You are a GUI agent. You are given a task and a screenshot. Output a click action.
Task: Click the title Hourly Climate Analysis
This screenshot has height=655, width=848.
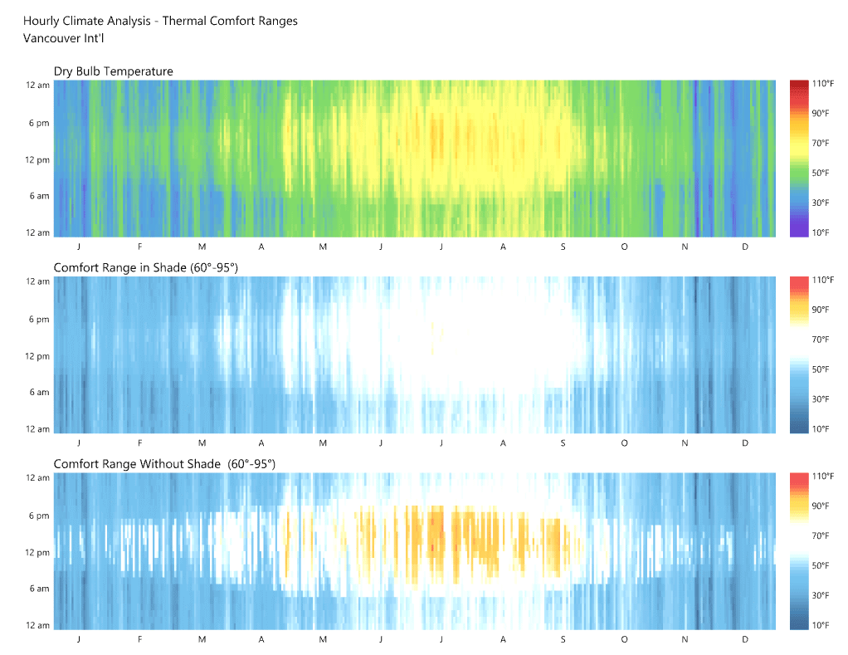(x=160, y=21)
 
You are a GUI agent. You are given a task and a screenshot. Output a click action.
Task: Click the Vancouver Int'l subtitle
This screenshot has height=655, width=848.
(x=64, y=37)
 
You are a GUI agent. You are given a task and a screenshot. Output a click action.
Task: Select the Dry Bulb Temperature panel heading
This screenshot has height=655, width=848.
(x=114, y=71)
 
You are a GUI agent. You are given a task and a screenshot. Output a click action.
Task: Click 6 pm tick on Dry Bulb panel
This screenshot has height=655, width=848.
(x=38, y=123)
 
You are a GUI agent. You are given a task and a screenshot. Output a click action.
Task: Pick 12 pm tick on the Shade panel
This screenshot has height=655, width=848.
(x=38, y=356)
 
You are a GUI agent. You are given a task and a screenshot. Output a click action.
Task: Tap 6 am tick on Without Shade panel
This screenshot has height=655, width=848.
(x=38, y=589)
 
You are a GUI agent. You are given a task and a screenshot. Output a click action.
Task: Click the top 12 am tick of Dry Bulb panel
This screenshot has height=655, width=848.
(x=38, y=86)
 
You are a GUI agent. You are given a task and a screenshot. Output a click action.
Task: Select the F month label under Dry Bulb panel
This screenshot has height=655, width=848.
(x=140, y=247)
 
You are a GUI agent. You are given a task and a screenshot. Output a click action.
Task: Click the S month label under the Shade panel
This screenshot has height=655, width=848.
(x=563, y=443)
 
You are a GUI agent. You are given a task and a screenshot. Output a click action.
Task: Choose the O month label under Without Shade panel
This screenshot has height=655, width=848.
(x=624, y=639)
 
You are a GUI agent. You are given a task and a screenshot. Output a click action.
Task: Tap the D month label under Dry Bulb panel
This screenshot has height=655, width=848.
(x=745, y=247)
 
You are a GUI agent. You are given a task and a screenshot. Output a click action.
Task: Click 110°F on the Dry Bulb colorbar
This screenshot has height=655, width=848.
(x=822, y=84)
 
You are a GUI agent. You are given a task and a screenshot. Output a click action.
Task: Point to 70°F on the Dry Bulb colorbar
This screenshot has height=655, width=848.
(x=821, y=144)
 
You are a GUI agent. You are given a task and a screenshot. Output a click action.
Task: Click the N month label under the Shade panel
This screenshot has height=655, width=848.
(x=685, y=443)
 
